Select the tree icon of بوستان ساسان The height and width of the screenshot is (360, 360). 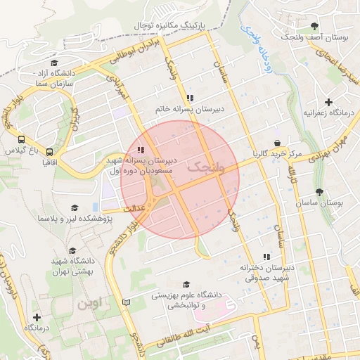tap(320, 192)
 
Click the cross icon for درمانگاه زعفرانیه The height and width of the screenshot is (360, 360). tap(328, 102)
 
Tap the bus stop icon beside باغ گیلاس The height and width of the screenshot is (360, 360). tap(22, 140)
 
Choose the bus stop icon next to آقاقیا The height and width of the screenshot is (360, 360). tap(49, 151)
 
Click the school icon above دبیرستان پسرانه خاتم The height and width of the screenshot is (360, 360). tap(188, 98)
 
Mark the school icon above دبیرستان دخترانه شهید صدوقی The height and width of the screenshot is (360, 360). tap(266, 257)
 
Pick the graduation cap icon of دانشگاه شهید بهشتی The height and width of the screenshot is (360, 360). tap(72, 250)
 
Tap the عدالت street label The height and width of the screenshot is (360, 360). tap(134, 208)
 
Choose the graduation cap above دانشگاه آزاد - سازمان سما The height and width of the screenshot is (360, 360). tap(54, 63)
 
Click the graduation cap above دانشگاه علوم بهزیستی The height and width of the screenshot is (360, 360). tap(186, 285)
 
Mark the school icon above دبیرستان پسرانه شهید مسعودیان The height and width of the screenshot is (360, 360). tap(141, 149)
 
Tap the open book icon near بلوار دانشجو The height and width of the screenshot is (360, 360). tap(126, 302)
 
